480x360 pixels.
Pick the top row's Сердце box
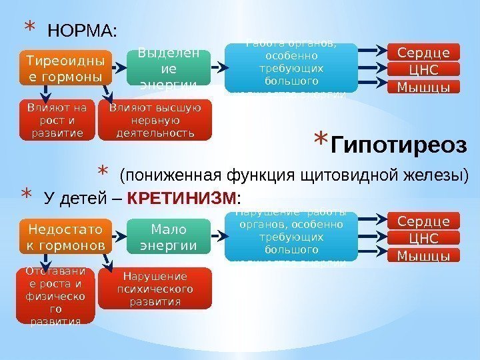point(423,53)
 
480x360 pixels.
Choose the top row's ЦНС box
point(423,70)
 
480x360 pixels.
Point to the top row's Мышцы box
point(423,87)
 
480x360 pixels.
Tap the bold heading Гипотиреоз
point(399,145)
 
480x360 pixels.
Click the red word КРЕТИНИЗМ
point(181,199)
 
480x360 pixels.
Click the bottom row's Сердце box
point(423,221)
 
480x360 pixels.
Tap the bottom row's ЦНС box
point(423,238)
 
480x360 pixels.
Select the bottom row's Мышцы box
point(423,255)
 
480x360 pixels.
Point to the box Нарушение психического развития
point(155,288)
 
